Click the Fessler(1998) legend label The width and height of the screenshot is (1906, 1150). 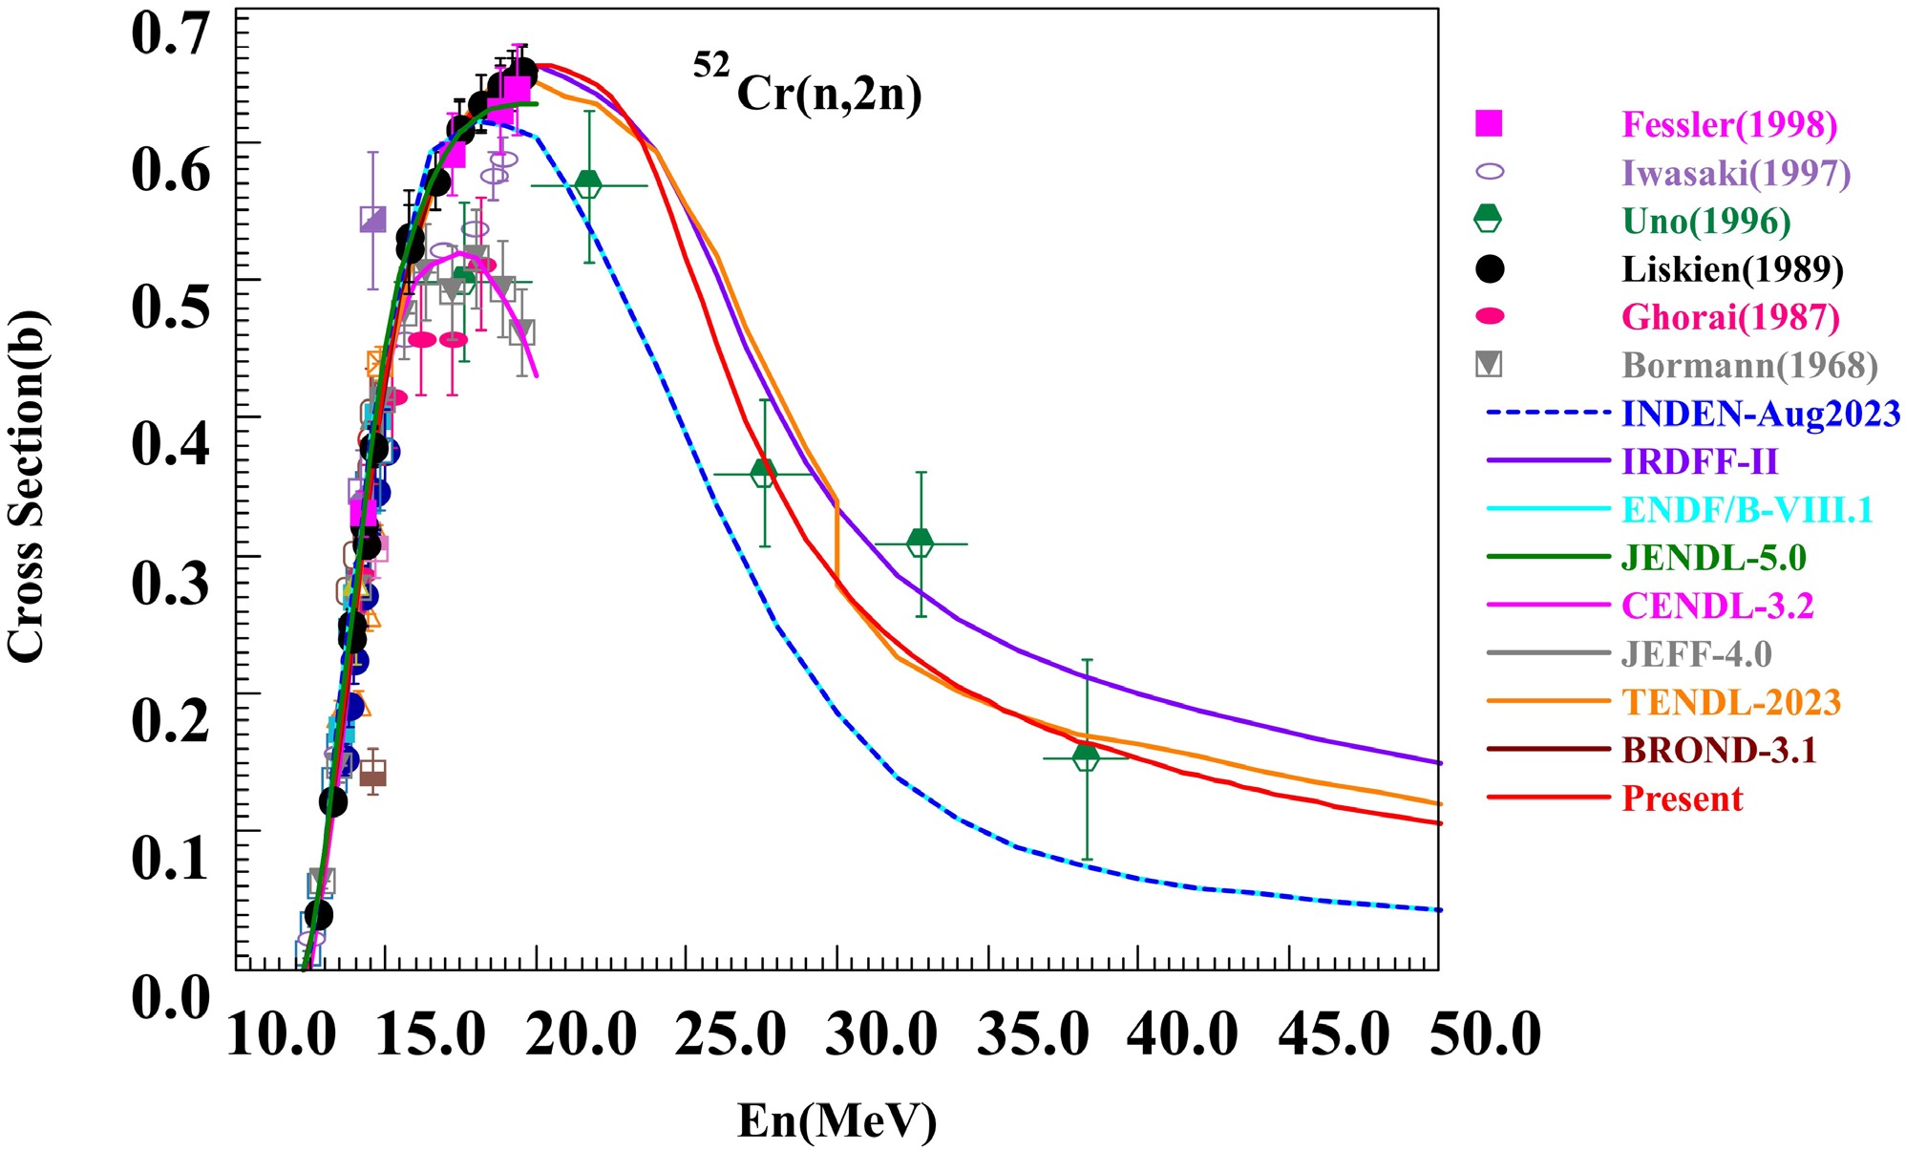pos(1729,124)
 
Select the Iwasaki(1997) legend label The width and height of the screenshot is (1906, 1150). pos(1736,173)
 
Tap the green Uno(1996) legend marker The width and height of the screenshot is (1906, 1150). pos(1488,219)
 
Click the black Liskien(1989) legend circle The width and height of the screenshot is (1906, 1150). pos(1489,269)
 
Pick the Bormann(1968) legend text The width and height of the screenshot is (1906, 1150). pos(1749,365)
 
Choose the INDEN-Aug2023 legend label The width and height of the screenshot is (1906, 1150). pos(1761,414)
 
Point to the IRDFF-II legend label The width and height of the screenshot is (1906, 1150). pos(1700,462)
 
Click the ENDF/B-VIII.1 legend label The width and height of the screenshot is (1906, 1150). pos(1747,510)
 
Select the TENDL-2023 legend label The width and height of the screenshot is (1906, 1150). pos(1731,702)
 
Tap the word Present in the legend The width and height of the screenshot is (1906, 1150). pos(1683,799)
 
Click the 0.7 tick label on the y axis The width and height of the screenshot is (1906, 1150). pos(170,34)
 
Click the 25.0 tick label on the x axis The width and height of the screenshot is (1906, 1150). pos(731,1035)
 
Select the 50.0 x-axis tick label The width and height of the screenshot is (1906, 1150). pos(1485,1035)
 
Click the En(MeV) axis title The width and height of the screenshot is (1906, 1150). pos(837,1120)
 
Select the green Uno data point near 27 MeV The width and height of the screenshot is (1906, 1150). pos(764,473)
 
